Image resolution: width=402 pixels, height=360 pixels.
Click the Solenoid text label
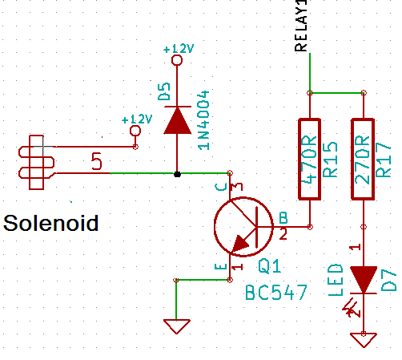coord(51,222)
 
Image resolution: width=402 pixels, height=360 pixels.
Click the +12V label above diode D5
coord(178,49)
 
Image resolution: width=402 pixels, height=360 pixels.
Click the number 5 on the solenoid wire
coord(97,163)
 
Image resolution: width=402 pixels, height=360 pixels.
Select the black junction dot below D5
coord(177,173)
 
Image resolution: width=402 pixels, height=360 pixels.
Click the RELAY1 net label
coord(302,27)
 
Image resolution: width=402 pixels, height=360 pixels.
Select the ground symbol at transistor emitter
coord(176,326)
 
